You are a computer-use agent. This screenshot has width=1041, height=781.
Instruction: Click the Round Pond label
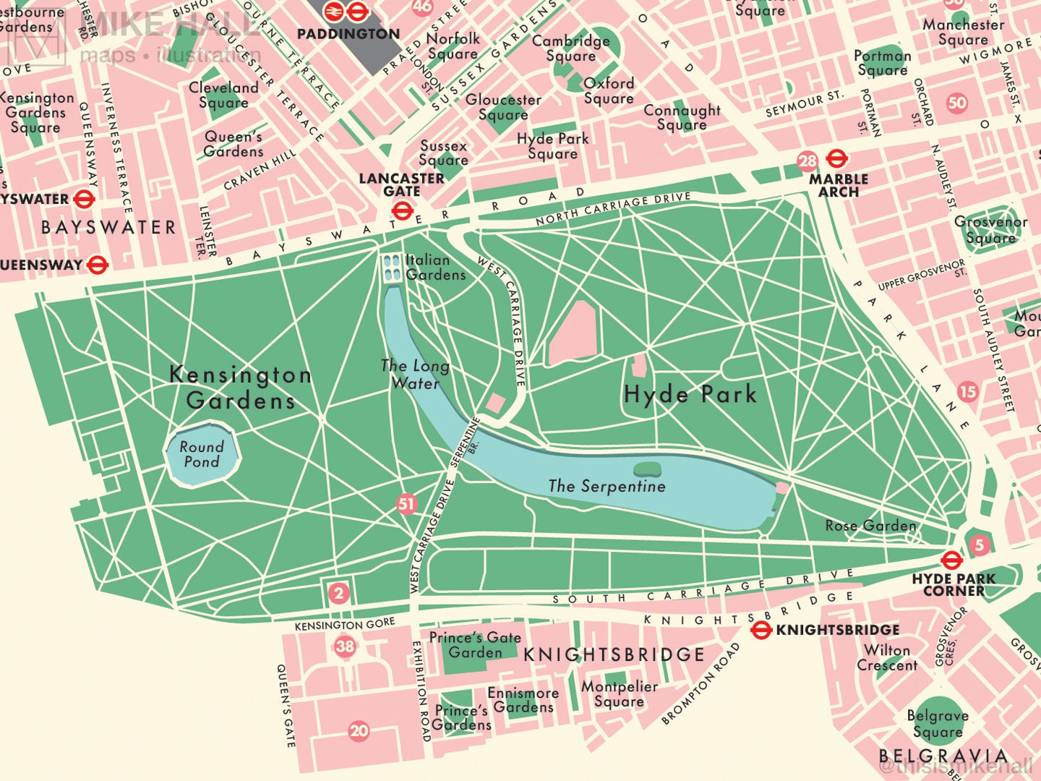coord(202,454)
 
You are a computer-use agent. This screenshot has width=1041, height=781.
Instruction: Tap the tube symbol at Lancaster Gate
coord(402,210)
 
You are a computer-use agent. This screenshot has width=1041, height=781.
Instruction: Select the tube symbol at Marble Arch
coord(836,158)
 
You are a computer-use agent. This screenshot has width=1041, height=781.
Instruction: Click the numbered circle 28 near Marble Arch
coord(807,161)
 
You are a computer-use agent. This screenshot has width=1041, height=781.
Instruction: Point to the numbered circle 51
coord(407,504)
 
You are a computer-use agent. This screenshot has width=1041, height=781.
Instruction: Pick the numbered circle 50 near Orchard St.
coord(957,103)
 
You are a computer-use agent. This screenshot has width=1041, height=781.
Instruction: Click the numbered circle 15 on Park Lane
coord(968,392)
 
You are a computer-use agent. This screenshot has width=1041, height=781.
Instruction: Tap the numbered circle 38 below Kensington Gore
coord(346,646)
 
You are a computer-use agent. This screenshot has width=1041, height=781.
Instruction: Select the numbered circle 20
coord(359,730)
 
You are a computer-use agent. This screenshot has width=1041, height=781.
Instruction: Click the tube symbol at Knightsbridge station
coord(761,630)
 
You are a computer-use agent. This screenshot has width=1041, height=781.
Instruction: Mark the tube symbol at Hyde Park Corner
coord(951,560)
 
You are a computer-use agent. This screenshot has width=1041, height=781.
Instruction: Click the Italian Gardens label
coord(435,267)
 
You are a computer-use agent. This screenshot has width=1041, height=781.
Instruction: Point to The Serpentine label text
coord(607,486)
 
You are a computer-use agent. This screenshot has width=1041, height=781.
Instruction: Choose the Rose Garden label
coord(870,526)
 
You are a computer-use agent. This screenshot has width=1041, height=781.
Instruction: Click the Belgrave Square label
coord(938,723)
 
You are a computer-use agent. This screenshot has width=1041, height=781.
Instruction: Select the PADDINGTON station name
coord(348,33)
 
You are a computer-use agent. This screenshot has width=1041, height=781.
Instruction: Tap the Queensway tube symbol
coord(97,265)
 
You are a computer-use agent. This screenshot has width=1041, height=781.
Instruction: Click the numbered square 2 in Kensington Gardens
coord(338,594)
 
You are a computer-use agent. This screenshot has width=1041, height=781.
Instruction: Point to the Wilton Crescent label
coord(887,657)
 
